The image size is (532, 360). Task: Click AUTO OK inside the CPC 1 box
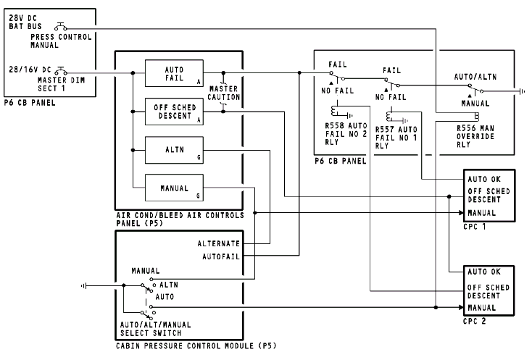pos(484,178)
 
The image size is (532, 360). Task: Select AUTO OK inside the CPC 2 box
pos(484,272)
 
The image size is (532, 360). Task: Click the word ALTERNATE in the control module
pos(219,243)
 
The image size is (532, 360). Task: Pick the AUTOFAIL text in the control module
pos(222,255)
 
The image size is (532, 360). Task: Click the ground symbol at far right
pos(520,92)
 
